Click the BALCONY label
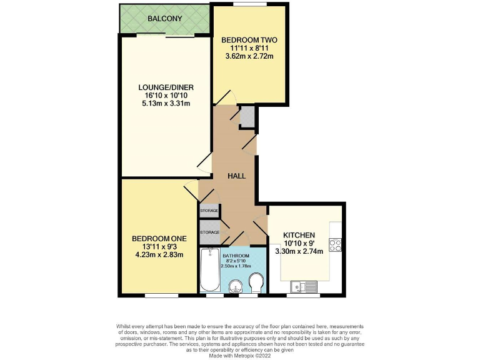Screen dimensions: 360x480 tap(165, 19)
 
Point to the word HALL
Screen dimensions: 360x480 tap(236, 176)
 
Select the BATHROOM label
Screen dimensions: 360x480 tap(236, 256)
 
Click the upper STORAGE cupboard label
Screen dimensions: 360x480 tap(209, 211)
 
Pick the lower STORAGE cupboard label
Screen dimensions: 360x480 tap(209, 232)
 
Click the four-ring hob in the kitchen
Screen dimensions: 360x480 tap(336, 245)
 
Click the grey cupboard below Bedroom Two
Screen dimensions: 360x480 tap(247, 117)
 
